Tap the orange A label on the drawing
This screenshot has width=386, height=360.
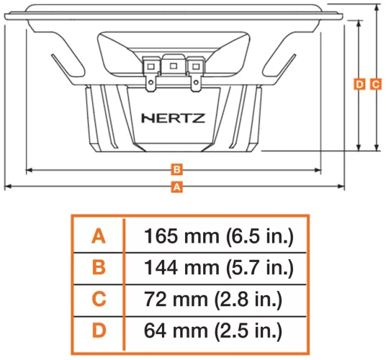(x=175, y=186)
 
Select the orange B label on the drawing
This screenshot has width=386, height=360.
(x=175, y=171)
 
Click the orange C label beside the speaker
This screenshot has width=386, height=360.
(x=375, y=84)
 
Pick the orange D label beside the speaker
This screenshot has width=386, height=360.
(x=360, y=84)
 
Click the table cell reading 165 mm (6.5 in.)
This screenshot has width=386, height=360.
(x=219, y=235)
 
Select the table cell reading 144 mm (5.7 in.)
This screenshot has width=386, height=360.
(x=219, y=268)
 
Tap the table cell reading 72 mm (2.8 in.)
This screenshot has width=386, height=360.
(x=213, y=300)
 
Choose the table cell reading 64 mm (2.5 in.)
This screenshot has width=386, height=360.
(x=213, y=331)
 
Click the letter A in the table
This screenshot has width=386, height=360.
(x=99, y=235)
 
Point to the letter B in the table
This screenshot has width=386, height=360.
(x=99, y=268)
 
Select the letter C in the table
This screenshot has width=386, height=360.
(x=99, y=300)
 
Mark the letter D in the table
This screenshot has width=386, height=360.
(x=99, y=331)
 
